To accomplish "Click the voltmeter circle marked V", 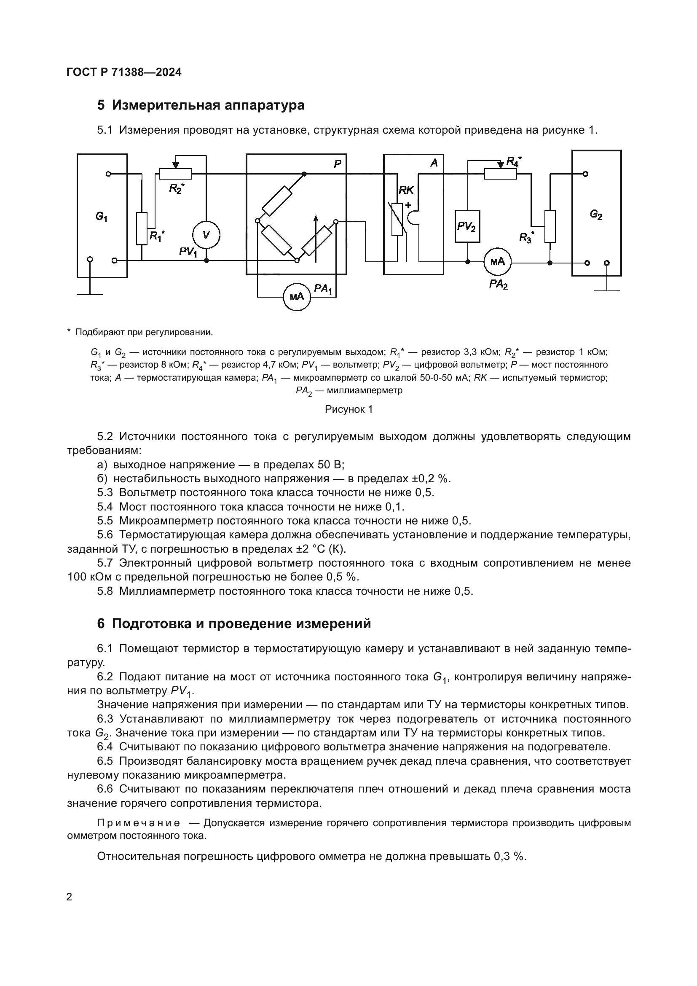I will pyautogui.click(x=206, y=235).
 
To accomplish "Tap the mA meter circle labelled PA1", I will pyautogui.click(x=297, y=297).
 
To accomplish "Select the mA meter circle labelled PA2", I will pyautogui.click(x=497, y=261).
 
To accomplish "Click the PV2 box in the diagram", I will pyautogui.click(x=467, y=226).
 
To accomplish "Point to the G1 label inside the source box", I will pyautogui.click(x=101, y=217).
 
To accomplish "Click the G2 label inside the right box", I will pyautogui.click(x=596, y=214).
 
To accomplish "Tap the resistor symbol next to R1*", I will pyautogui.click(x=142, y=228).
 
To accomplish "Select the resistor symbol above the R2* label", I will pyautogui.click(x=176, y=174).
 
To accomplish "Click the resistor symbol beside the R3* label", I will pyautogui.click(x=550, y=226).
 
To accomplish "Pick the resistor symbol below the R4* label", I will pyautogui.click(x=501, y=174).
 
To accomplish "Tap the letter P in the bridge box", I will pyautogui.click(x=338, y=164).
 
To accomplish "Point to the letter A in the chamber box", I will pyautogui.click(x=434, y=163).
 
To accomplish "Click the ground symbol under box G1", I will pyautogui.click(x=90, y=294).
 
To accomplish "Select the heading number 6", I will pyautogui.click(x=101, y=624).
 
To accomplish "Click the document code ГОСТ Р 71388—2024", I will pyautogui.click(x=124, y=72).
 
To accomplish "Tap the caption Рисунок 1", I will pyautogui.click(x=348, y=409).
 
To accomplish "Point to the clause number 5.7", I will pyautogui.click(x=105, y=563).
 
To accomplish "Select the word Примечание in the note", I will pyautogui.click(x=138, y=823).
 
